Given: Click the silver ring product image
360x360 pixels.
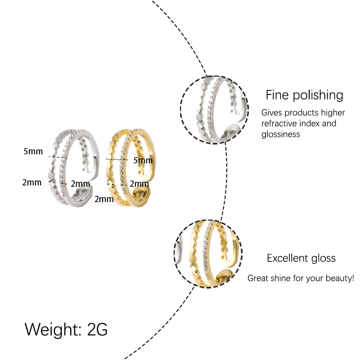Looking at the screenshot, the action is tap(72, 166).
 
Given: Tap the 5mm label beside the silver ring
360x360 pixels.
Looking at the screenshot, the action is tap(33, 151).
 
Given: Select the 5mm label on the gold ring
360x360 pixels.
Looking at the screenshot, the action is tap(143, 160).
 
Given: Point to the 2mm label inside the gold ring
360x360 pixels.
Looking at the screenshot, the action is tap(139, 184).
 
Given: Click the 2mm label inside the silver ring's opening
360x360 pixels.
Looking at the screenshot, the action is tap(81, 184).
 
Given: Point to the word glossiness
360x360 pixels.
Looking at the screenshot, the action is tap(280, 134).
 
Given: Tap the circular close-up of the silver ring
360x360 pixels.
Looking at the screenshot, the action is tap(214, 110).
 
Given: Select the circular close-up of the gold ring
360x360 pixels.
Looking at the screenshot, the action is tap(208, 254).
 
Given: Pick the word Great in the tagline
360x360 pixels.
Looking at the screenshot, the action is tap(258, 279).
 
